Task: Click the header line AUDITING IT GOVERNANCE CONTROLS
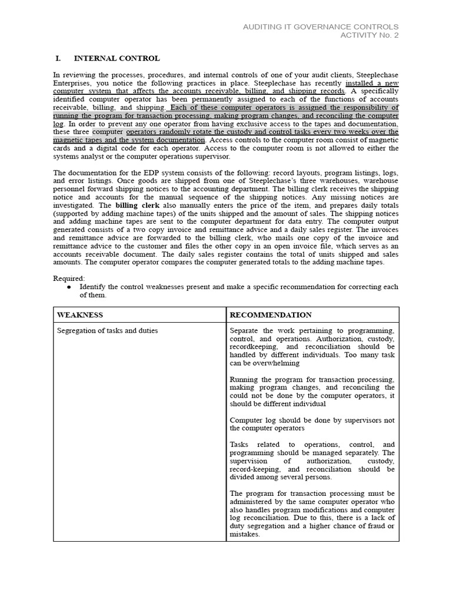(x=321, y=27)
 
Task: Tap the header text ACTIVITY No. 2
(x=370, y=35)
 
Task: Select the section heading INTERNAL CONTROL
(x=116, y=58)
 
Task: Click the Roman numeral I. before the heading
(x=58, y=58)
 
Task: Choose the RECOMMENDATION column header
(x=270, y=315)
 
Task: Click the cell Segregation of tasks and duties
(x=107, y=331)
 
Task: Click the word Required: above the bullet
(x=69, y=278)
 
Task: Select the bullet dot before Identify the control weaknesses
(x=69, y=287)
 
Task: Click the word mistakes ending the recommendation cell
(x=244, y=535)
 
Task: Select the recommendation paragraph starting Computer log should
(x=312, y=424)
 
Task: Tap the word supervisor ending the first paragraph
(x=212, y=156)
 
